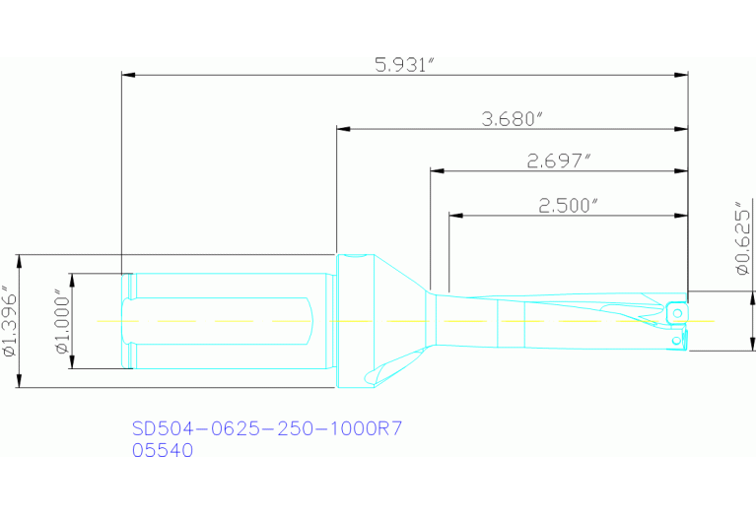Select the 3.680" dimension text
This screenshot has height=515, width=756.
(513, 119)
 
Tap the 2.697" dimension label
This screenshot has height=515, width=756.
(559, 161)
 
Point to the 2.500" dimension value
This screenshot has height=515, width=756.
(569, 206)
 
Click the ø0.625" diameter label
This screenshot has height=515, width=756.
(744, 241)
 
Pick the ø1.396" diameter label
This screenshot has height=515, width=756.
(9, 321)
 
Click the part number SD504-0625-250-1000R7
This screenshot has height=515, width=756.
(268, 429)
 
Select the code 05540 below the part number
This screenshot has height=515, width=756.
(163, 450)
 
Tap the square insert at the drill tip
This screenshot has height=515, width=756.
(676, 311)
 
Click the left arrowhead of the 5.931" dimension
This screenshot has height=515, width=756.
(126, 75)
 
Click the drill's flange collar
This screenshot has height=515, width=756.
(355, 320)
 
